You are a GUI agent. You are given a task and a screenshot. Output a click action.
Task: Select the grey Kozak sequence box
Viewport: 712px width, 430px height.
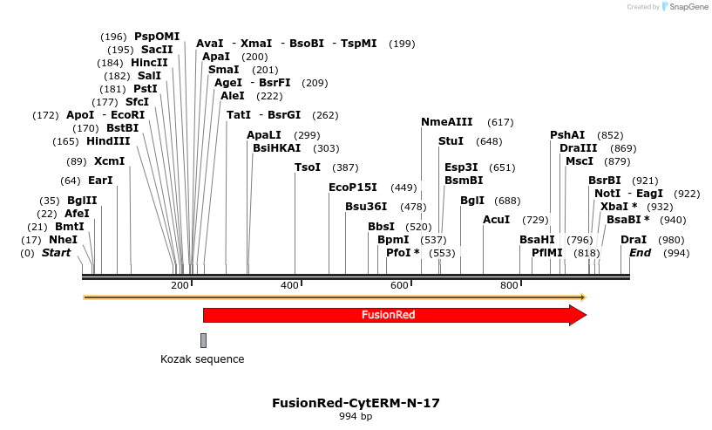pyautogui.click(x=203, y=340)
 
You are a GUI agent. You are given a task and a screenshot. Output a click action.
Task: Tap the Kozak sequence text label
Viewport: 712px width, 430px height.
pyautogui.click(x=202, y=359)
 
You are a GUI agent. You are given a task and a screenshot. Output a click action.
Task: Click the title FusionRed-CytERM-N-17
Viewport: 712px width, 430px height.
pyautogui.click(x=356, y=403)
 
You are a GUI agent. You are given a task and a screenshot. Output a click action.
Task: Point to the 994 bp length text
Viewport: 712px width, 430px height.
pyautogui.click(x=356, y=417)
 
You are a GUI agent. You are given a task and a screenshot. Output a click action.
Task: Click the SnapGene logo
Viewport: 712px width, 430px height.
pyautogui.click(x=683, y=7)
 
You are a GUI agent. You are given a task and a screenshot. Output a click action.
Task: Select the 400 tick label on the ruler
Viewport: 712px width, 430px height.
pyautogui.click(x=290, y=286)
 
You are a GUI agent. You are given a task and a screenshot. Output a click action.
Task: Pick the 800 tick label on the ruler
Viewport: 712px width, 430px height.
pyautogui.click(x=510, y=286)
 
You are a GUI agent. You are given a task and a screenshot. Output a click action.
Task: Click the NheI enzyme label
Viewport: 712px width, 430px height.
pyautogui.click(x=63, y=240)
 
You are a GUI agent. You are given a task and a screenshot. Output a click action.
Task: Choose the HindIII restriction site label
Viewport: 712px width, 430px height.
pyautogui.click(x=108, y=141)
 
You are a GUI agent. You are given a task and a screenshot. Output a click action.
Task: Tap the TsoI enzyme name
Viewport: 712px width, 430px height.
pyautogui.click(x=308, y=167)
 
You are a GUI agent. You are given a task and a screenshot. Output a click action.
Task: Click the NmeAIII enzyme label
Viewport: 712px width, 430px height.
pyautogui.click(x=446, y=122)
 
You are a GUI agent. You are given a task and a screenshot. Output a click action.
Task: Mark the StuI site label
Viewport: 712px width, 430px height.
pyautogui.click(x=451, y=141)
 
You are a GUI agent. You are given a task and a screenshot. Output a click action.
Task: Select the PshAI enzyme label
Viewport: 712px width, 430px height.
pyautogui.click(x=567, y=135)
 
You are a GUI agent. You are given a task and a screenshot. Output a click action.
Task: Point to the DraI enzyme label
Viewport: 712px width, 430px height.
pyautogui.click(x=634, y=240)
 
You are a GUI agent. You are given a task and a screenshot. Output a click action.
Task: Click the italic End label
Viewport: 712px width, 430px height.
pyautogui.click(x=640, y=253)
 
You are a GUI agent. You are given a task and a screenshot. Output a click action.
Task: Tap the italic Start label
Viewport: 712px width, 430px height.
pyautogui.click(x=56, y=253)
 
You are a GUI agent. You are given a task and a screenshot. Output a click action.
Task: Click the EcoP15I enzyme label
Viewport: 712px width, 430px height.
pyautogui.click(x=352, y=188)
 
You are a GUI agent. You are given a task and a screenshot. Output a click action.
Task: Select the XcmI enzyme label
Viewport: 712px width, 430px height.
pyautogui.click(x=109, y=161)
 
